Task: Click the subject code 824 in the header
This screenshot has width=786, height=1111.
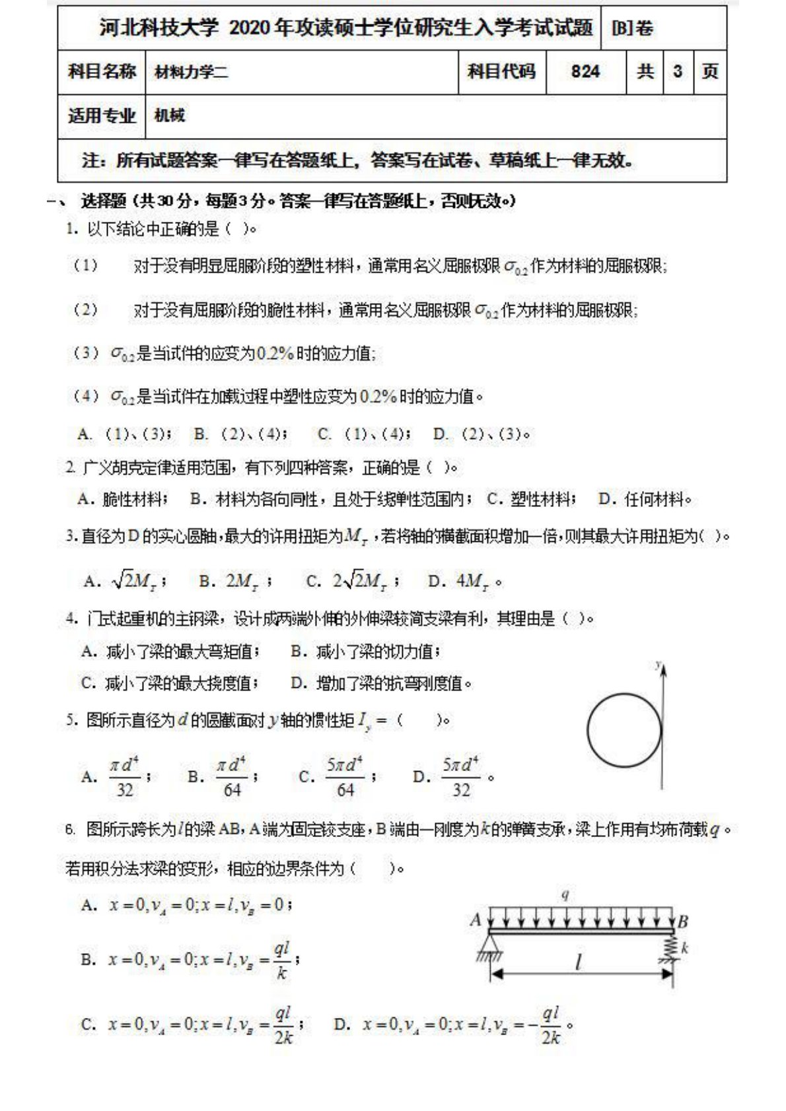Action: pyautogui.click(x=585, y=72)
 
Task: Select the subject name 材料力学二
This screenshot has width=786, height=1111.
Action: pyautogui.click(x=191, y=72)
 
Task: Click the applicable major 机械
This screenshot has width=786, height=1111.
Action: pyautogui.click(x=170, y=116)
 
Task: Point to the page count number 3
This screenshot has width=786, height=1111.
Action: pyautogui.click(x=677, y=71)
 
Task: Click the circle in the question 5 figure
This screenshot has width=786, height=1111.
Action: pyautogui.click(x=624, y=730)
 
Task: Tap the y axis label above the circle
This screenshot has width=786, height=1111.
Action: pyautogui.click(x=659, y=665)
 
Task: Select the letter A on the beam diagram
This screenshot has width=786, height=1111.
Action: pyautogui.click(x=476, y=919)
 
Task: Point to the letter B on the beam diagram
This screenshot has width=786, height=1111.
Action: pyautogui.click(x=683, y=921)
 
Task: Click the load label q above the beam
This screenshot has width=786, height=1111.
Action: pyautogui.click(x=565, y=895)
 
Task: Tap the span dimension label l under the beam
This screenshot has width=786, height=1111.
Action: pyautogui.click(x=578, y=962)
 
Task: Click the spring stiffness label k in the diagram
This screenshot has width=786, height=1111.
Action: pyautogui.click(x=685, y=948)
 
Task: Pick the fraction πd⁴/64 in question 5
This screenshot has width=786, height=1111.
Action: pyautogui.click(x=232, y=777)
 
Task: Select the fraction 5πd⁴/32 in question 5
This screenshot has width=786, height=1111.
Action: pyautogui.click(x=460, y=777)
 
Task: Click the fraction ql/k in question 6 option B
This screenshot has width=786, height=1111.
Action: pyautogui.click(x=282, y=960)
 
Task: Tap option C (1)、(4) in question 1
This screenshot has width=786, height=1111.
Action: pyautogui.click(x=364, y=434)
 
